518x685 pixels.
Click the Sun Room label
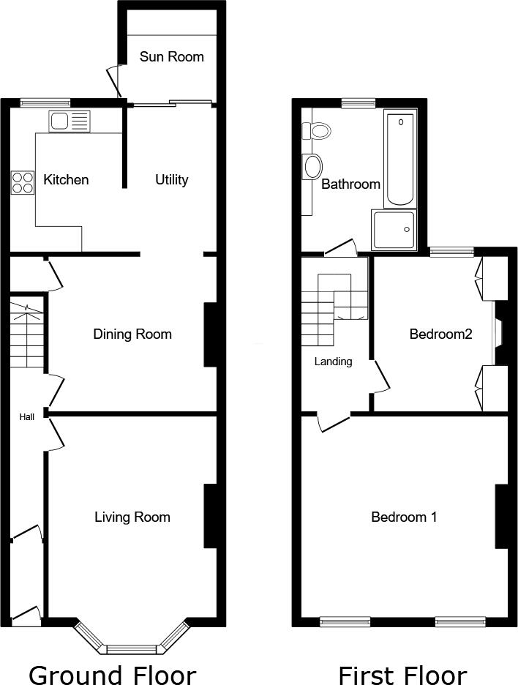click(x=171, y=56)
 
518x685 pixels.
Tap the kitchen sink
click(x=69, y=121)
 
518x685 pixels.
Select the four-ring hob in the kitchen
click(x=23, y=181)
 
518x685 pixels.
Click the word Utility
click(x=172, y=179)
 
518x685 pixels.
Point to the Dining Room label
click(x=132, y=334)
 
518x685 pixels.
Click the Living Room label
click(x=132, y=517)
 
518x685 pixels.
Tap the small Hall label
click(x=27, y=416)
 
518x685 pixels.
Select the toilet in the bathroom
click(x=319, y=131)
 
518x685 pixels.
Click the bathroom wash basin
click(x=312, y=166)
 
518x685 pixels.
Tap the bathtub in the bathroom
click(x=399, y=160)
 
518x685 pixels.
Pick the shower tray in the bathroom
click(x=394, y=230)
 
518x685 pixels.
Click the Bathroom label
click(x=351, y=184)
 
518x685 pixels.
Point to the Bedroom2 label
click(x=440, y=334)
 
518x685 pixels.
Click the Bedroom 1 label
click(x=404, y=517)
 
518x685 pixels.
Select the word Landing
click(x=334, y=362)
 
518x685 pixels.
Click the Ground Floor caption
click(x=112, y=674)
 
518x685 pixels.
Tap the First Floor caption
click(x=402, y=674)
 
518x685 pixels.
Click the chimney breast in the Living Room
click(x=211, y=516)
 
